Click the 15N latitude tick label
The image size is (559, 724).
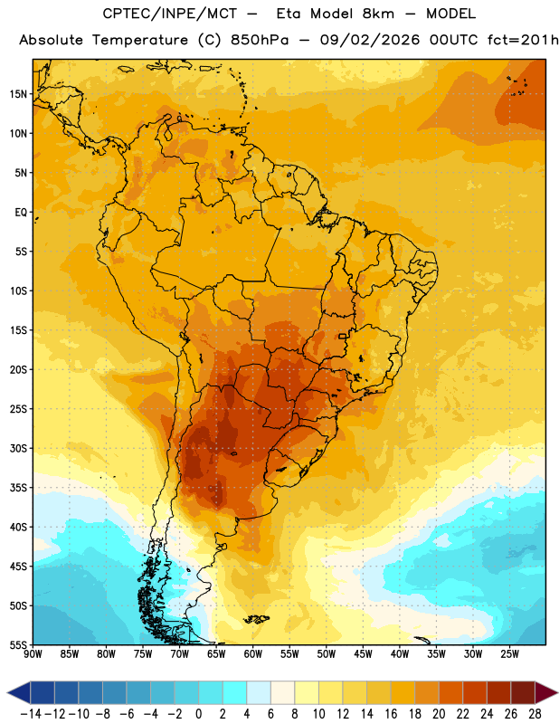pos(18,94)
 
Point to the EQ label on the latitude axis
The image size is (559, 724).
pos(21,213)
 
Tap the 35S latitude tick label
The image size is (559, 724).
pos(18,488)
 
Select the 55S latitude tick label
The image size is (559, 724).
pos(18,644)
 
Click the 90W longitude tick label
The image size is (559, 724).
pos(33,654)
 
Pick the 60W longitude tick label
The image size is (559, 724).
pos(253,654)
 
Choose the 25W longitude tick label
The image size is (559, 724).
pos(509,654)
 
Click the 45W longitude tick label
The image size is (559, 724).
pos(363,654)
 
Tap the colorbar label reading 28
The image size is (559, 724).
pos(535,714)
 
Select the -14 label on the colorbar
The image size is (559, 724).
pos(31,714)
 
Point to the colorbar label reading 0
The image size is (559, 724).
pos(198,714)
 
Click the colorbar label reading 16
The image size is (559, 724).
pos(391,714)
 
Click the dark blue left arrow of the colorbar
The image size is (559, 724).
pos(19,692)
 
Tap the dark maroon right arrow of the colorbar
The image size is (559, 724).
pos(546,692)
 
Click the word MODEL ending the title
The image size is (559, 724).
pos(450,14)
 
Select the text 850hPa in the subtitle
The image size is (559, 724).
pos(260,40)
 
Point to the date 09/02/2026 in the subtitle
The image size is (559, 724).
pos(370,40)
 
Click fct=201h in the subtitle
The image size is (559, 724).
pos(523,40)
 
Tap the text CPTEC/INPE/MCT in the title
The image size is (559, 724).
pos(169,14)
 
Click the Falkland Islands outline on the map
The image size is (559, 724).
pos(256,619)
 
